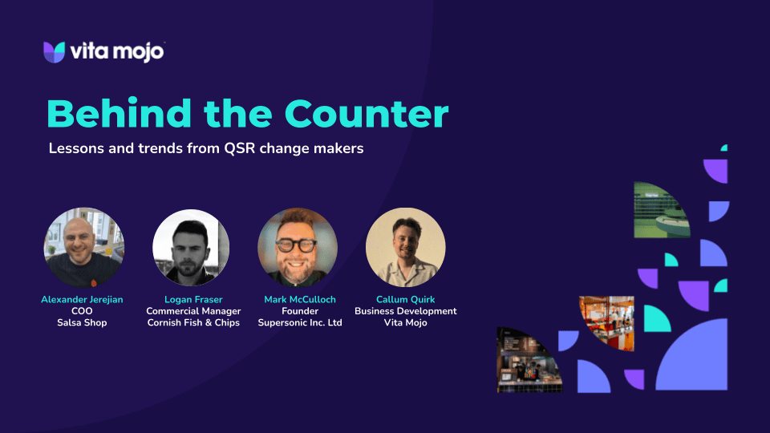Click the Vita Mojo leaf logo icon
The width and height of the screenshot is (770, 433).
[x=54, y=52]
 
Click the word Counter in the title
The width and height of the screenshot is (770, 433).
[x=367, y=114]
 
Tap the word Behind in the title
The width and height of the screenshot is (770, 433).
[x=119, y=113]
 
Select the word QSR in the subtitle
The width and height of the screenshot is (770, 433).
[x=240, y=148]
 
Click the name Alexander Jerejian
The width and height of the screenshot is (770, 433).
[x=82, y=299]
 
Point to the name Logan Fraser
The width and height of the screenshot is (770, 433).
[x=193, y=299]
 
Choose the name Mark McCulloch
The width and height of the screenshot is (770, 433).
[x=300, y=299]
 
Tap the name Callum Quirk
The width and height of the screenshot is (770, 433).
[x=406, y=299]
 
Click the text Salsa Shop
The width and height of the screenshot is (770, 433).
[x=82, y=322]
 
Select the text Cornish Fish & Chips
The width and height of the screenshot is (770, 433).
[x=193, y=322]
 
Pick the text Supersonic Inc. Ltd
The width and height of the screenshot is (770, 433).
[x=300, y=322]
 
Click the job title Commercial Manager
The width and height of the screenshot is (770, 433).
[x=193, y=311]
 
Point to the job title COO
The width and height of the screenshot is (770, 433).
[x=82, y=311]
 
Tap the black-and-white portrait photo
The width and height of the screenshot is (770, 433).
[x=191, y=248]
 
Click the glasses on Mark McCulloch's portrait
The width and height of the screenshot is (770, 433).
[x=296, y=245]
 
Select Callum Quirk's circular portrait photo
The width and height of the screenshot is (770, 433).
[x=406, y=248]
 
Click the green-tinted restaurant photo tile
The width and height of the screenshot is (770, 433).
[x=660, y=211]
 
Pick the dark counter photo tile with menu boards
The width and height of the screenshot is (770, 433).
[x=528, y=361]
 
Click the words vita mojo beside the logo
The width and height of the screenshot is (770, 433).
[x=117, y=51]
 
